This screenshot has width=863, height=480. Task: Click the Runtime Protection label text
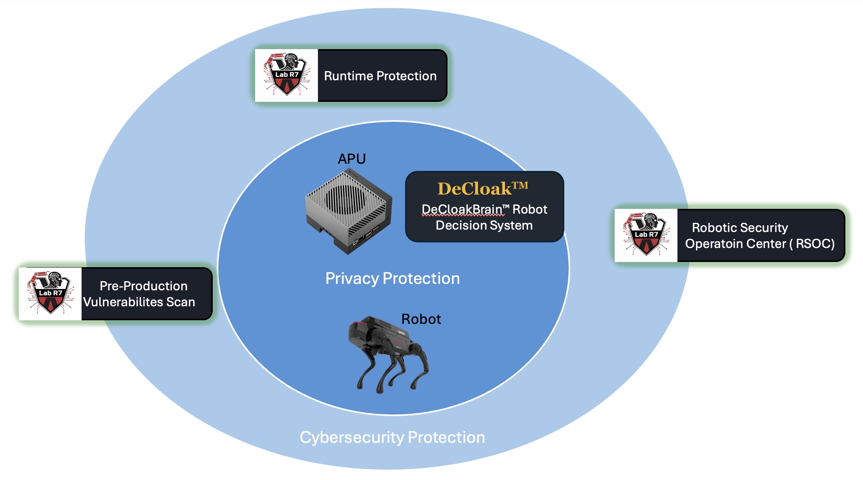(380, 76)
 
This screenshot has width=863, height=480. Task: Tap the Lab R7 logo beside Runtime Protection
(286, 75)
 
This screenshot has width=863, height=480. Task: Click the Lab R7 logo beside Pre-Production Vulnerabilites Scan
(50, 294)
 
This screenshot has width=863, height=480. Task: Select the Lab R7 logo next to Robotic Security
(646, 235)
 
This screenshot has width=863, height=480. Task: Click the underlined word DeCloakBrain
(461, 210)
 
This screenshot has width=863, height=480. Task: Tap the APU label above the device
(352, 159)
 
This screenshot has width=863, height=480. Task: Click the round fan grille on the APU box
(345, 198)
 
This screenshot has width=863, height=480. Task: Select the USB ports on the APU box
(368, 234)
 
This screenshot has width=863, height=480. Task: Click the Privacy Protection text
(392, 278)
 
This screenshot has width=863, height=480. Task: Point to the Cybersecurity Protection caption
(392, 437)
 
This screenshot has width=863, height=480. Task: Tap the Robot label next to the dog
(421, 319)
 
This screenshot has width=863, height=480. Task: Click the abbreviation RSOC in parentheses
(814, 244)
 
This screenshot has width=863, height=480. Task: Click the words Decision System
(484, 226)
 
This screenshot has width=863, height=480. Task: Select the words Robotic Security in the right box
(739, 228)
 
